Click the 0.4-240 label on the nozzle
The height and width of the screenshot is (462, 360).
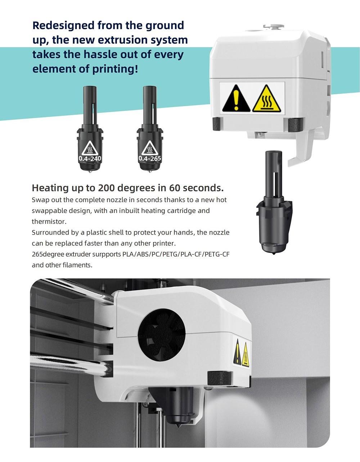(90, 158)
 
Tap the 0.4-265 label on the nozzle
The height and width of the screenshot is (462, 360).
(150, 158)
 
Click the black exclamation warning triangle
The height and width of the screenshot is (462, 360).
(236, 99)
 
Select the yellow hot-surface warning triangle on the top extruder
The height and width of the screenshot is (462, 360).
(266, 99)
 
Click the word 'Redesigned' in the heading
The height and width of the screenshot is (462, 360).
(64, 25)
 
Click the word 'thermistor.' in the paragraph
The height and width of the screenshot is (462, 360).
(49, 221)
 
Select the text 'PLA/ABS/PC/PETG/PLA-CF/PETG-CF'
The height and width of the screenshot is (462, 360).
(176, 254)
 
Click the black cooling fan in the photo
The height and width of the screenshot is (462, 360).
(162, 331)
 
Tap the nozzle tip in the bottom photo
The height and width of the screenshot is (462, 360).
(178, 427)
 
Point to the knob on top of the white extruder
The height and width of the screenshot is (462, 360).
(274, 27)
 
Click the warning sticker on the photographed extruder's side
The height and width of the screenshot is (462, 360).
(241, 353)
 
